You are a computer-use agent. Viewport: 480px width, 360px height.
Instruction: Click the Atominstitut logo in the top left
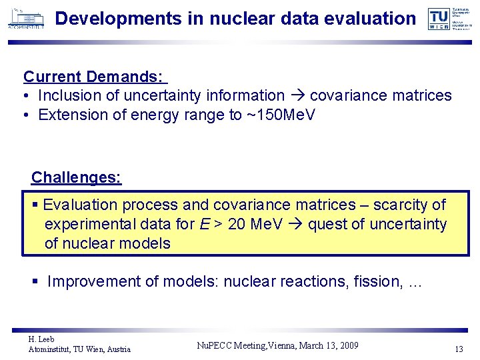pyautogui.click(x=26, y=18)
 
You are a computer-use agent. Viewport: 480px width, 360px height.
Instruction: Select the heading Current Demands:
pyautogui.click(x=93, y=77)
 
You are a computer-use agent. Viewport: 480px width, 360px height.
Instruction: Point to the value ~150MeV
pyautogui.click(x=281, y=115)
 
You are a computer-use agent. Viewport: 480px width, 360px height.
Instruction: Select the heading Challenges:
pyautogui.click(x=76, y=177)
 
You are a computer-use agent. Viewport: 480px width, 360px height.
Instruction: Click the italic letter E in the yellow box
pyautogui.click(x=204, y=224)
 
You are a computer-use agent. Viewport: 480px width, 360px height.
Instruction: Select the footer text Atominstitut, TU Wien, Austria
pyautogui.click(x=79, y=349)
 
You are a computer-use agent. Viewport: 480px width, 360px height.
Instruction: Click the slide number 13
pyautogui.click(x=458, y=349)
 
